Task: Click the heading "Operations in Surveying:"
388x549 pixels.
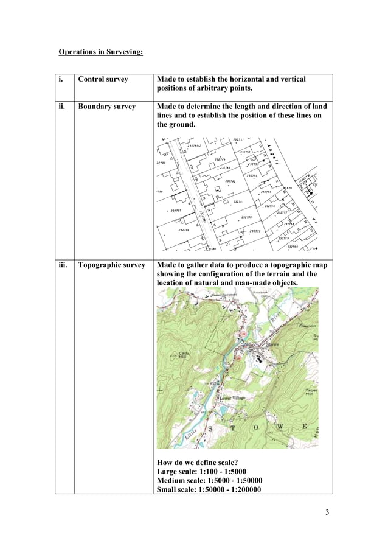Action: point(100,52)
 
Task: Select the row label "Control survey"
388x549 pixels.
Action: point(103,80)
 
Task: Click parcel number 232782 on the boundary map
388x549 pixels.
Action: point(230,181)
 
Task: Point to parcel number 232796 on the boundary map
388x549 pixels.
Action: point(184,229)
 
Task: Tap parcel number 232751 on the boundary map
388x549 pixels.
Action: point(238,140)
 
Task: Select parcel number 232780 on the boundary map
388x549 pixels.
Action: point(246,217)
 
